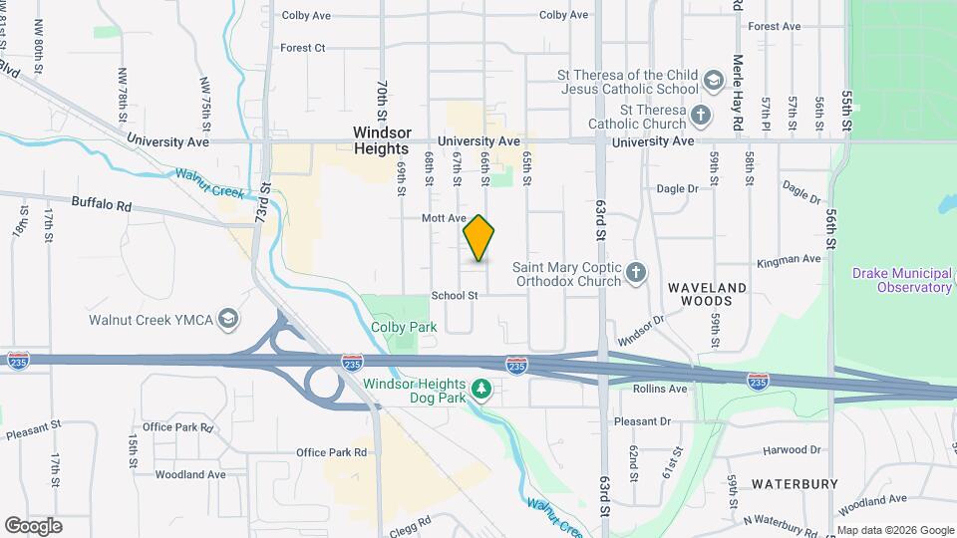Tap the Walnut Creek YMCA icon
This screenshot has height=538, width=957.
click(228, 319)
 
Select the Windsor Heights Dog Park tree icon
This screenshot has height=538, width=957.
click(482, 388)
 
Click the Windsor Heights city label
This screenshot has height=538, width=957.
click(381, 139)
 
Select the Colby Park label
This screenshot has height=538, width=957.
click(397, 326)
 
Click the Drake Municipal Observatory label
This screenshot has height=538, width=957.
click(902, 280)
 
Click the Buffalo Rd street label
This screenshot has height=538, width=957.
click(102, 202)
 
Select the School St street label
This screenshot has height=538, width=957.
click(455, 296)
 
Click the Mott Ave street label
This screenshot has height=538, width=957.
click(444, 217)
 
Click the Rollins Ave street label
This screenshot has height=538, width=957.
click(660, 389)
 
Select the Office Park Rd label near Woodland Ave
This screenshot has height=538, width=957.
click(331, 452)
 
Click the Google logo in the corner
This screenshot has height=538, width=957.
click(33, 525)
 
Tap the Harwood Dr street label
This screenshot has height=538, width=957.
click(792, 450)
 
